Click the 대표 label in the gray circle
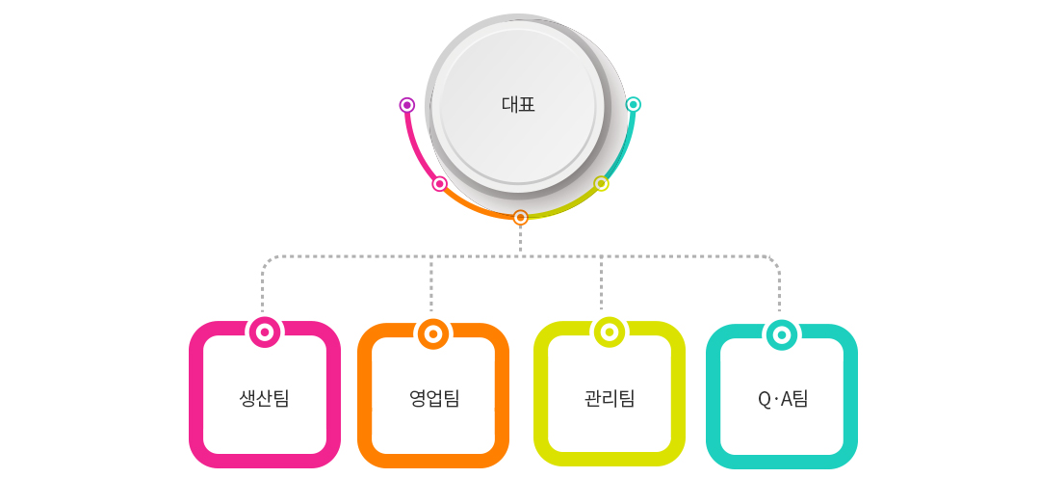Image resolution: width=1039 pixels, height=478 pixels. pos(518,105)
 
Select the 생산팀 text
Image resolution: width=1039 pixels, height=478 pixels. pos(265,399)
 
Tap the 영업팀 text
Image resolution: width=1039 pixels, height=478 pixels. pos(434,399)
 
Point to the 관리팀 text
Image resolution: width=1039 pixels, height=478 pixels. pos(610,399)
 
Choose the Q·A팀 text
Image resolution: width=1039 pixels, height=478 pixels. pos(783,399)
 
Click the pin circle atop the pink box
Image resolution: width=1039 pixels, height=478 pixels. pos(265,332)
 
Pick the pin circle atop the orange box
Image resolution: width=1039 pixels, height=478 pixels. pos(432,334)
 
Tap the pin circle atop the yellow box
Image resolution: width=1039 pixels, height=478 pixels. pos(609,332)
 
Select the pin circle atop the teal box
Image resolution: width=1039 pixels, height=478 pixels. pos(782,335)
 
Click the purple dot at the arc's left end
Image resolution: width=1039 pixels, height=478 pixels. pos(407,105)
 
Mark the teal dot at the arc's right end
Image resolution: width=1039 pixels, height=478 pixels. pos(633,104)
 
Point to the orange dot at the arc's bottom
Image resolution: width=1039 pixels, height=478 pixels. pos(521,218)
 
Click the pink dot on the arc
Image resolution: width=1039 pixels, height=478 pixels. pos(439,184)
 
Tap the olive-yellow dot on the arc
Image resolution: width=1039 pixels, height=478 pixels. pos(601,183)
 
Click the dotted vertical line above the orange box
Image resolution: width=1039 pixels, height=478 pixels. pos(431,283)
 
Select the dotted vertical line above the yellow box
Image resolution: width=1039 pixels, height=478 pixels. pos(601,283)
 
